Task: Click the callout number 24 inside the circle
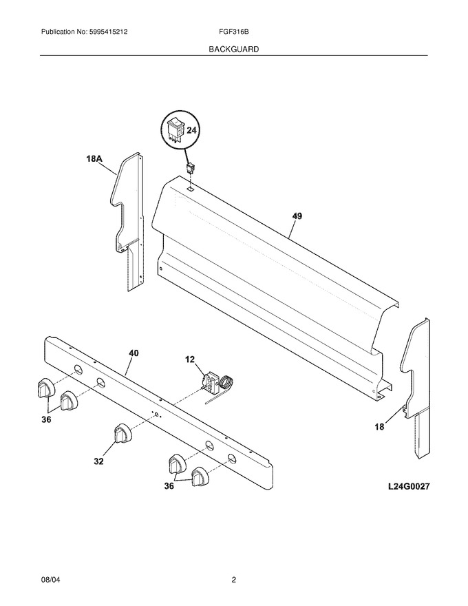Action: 191,130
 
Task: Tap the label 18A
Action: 94,158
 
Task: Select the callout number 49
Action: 297,216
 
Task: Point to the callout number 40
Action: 134,353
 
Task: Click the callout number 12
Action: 190,359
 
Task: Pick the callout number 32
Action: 99,461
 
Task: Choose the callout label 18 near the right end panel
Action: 380,427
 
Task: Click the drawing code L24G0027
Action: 409,487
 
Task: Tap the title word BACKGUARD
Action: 233,50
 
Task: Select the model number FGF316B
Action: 233,32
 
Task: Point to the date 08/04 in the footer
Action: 50,579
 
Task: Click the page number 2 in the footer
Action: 233,579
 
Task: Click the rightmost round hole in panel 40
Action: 231,459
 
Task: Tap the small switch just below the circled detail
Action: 190,168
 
